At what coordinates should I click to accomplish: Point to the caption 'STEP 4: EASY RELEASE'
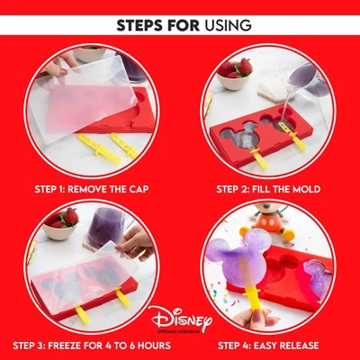click(x=267, y=345)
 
